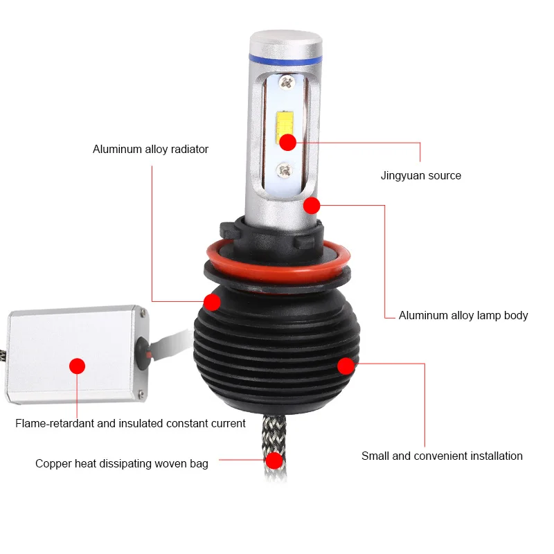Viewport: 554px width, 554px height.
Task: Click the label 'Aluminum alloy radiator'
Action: pyautogui.click(x=150, y=149)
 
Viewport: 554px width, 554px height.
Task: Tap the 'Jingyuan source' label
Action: pyautogui.click(x=421, y=176)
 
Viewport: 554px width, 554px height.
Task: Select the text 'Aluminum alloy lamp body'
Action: pyautogui.click(x=463, y=315)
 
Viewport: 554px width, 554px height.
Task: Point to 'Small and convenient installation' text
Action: pyautogui.click(x=442, y=456)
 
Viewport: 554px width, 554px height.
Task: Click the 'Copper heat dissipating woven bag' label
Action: pyautogui.click(x=122, y=463)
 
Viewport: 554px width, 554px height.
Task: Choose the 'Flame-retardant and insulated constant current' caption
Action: pyautogui.click(x=130, y=423)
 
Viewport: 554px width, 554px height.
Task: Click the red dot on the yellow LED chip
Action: pyautogui.click(x=287, y=143)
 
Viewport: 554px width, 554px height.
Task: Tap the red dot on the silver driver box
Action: pyautogui.click(x=77, y=366)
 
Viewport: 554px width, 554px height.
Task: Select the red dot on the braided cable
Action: pyautogui.click(x=274, y=461)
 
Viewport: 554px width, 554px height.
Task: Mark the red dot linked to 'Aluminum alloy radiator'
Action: pyautogui.click(x=212, y=302)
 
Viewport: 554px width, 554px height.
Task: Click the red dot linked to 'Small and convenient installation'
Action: pyautogui.click(x=346, y=366)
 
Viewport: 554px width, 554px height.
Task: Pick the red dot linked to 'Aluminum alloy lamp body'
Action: pyautogui.click(x=312, y=205)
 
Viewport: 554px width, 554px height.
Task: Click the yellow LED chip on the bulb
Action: pyautogui.click(x=285, y=125)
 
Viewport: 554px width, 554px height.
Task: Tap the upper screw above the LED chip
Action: pyautogui.click(x=287, y=82)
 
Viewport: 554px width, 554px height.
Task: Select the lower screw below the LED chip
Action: pyautogui.click(x=285, y=170)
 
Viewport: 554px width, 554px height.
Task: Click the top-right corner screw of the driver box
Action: pyautogui.click(x=143, y=313)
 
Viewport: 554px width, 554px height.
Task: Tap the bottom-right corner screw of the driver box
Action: pyautogui.click(x=141, y=393)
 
